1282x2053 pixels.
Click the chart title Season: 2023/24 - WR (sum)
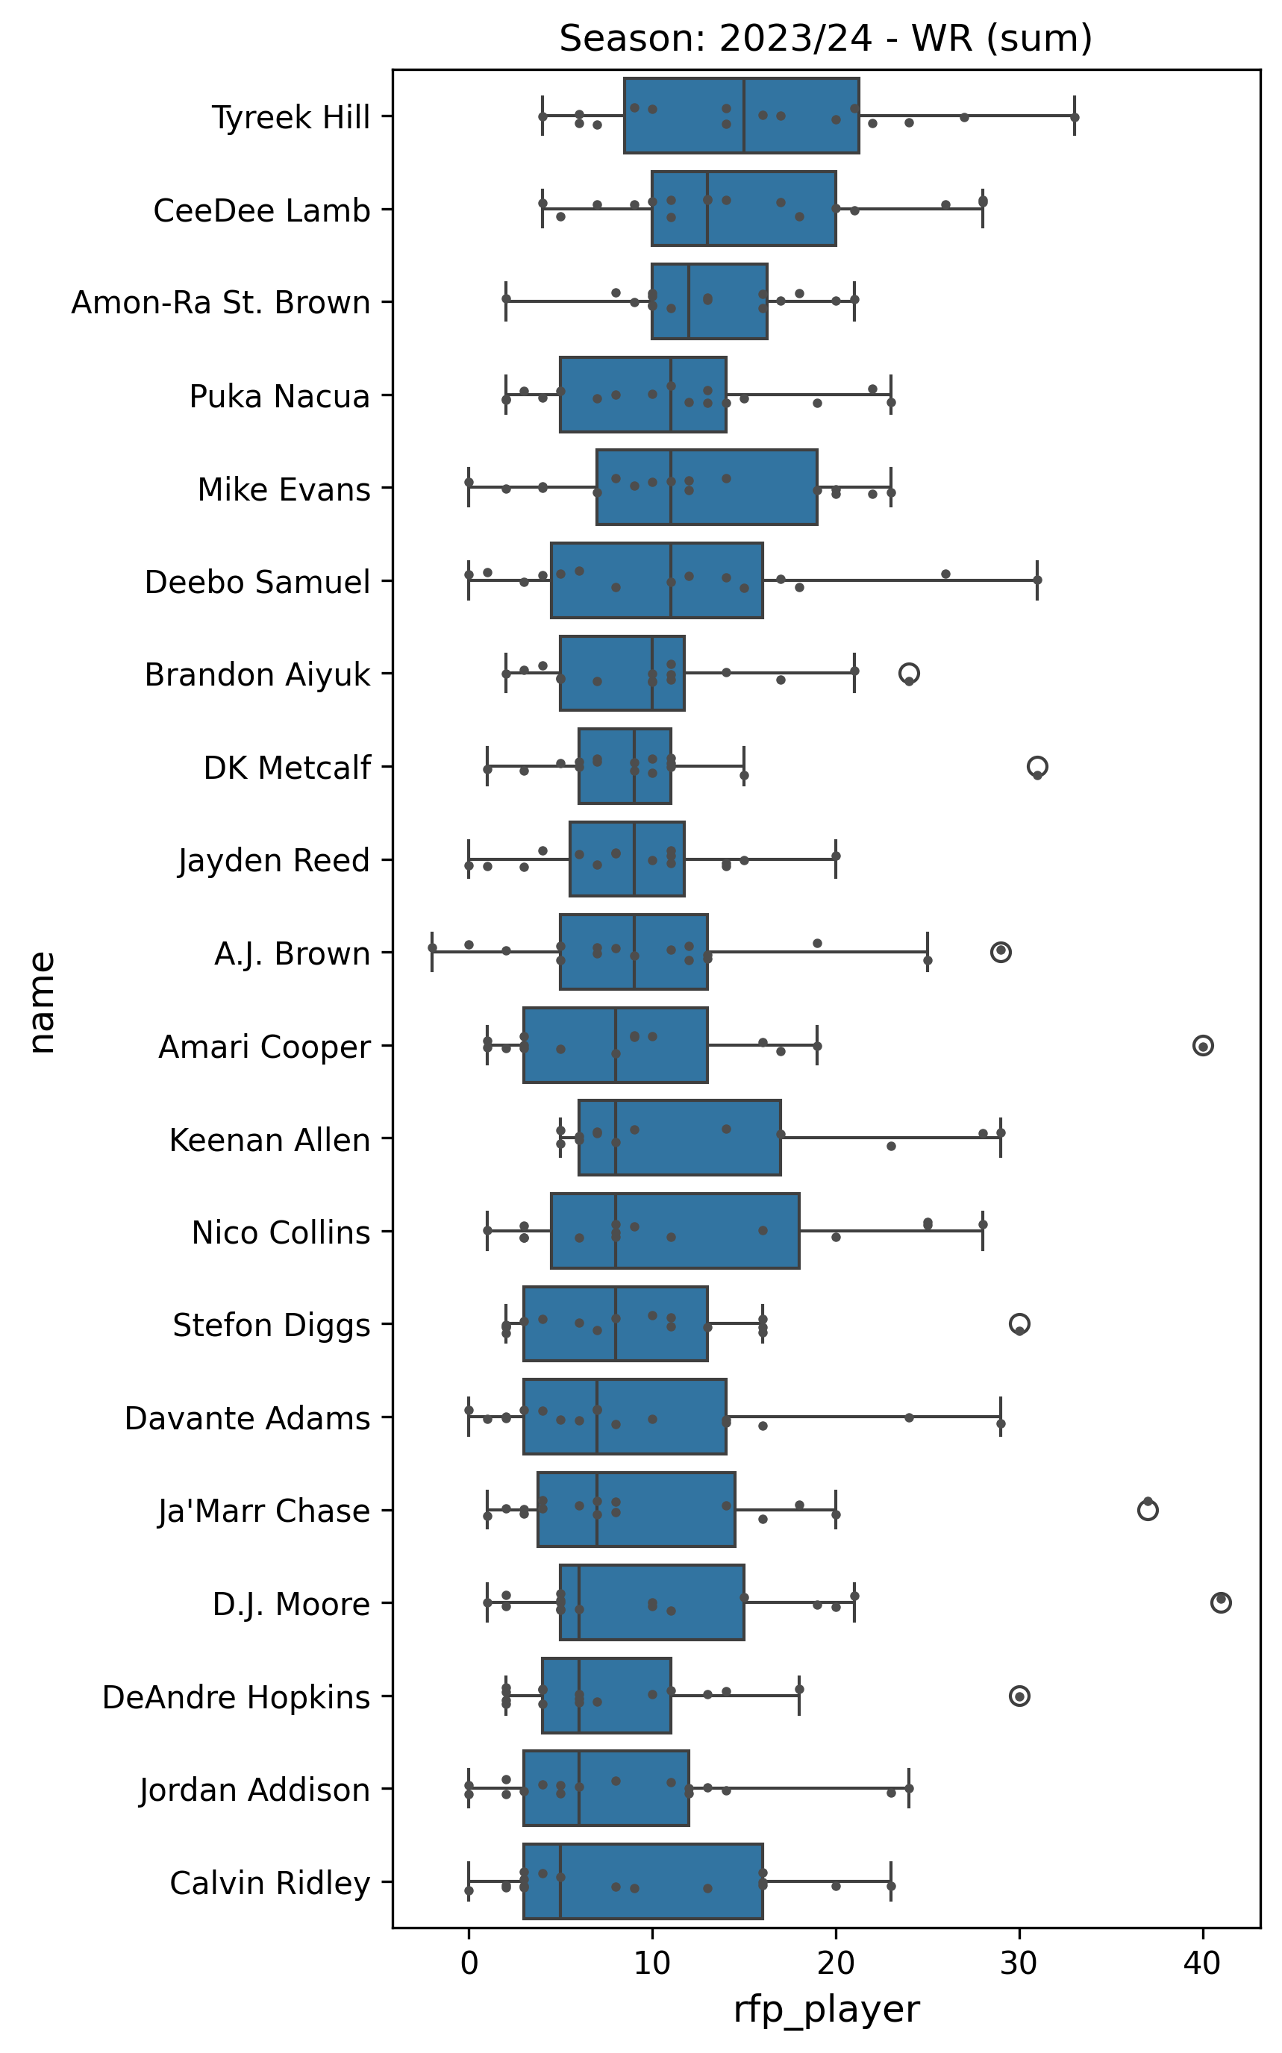[x=825, y=39]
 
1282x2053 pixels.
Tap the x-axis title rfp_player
[x=826, y=2010]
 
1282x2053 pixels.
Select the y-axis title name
[x=42, y=1002]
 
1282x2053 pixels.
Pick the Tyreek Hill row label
[x=291, y=117]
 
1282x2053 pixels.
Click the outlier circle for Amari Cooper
[x=1202, y=1046]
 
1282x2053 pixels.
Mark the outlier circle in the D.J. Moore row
[x=1221, y=1602]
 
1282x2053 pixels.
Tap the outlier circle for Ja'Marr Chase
[x=1147, y=1510]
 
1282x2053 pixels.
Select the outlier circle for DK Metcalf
[x=1037, y=767]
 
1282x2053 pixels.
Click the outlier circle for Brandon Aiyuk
[x=909, y=674]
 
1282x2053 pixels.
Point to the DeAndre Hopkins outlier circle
[x=1020, y=1696]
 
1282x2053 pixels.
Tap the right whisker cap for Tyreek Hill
[x=1075, y=116]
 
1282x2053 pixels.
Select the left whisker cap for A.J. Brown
[x=432, y=953]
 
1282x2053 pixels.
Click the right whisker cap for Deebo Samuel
[x=1037, y=580]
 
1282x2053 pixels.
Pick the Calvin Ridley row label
[x=269, y=1883]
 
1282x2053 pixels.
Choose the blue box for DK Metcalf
[x=624, y=766]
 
